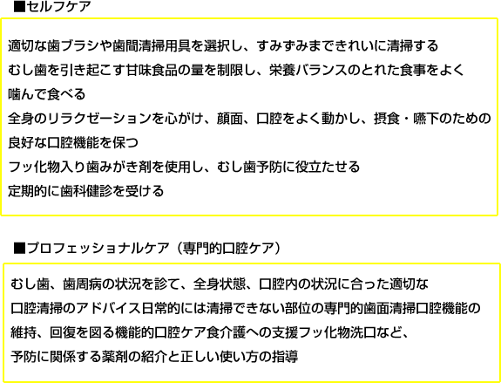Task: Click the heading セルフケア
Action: point(58,7)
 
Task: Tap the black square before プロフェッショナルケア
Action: point(19,248)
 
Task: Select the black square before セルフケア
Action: point(19,7)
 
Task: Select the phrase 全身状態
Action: point(219,284)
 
